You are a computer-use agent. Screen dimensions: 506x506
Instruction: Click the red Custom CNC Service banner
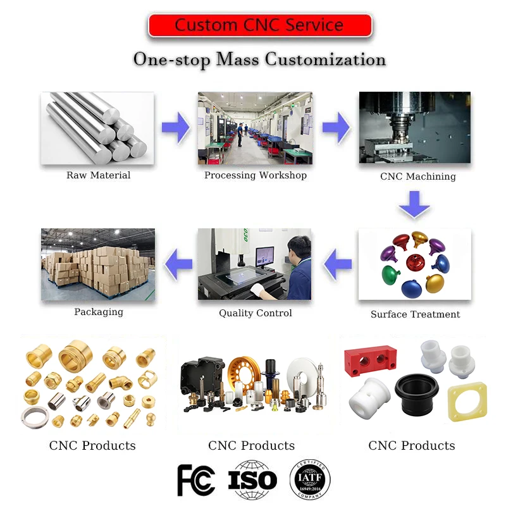click(259, 25)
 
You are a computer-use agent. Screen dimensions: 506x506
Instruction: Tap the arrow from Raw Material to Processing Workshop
click(176, 128)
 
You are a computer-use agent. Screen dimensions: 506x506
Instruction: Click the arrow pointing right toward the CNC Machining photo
click(336, 128)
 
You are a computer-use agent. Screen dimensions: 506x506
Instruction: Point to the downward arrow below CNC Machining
click(414, 203)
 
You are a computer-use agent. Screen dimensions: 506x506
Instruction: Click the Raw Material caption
click(98, 175)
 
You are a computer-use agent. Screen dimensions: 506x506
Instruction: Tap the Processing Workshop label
click(255, 175)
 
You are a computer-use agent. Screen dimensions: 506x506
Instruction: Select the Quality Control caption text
click(255, 313)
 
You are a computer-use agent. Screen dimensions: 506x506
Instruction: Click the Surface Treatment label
click(415, 314)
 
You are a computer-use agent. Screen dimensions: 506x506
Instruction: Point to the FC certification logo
click(196, 479)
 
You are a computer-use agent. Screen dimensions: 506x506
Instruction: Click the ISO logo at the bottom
click(252, 480)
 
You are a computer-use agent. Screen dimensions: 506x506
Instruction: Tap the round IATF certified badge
click(310, 479)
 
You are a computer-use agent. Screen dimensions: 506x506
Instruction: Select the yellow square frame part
click(467, 402)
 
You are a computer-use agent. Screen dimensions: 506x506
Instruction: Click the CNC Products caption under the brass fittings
click(92, 445)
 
